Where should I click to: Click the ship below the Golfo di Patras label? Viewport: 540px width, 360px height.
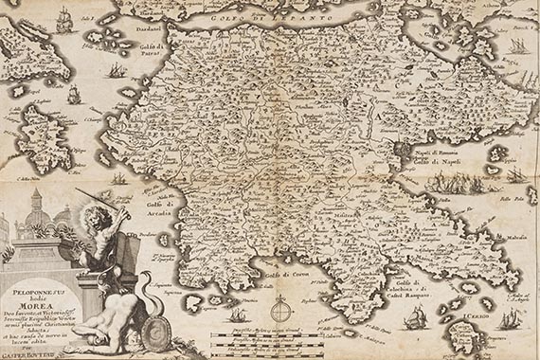115,70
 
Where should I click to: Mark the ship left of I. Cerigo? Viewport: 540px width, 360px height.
414,320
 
